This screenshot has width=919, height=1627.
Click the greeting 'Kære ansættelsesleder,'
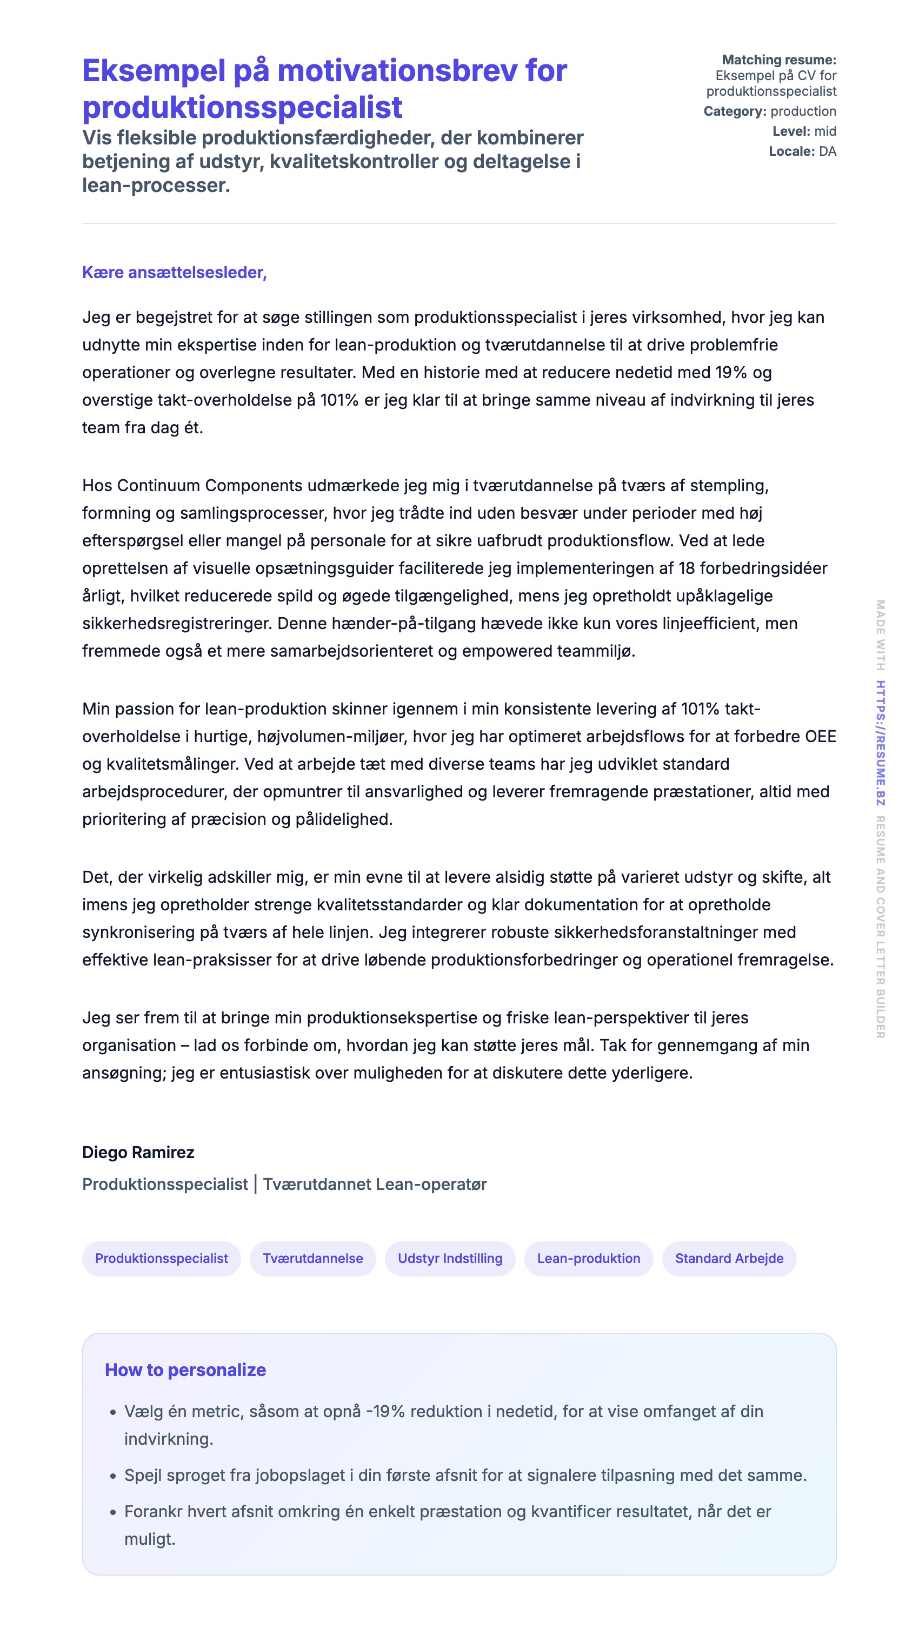coord(174,272)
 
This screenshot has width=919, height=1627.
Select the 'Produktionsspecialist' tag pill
coord(161,1258)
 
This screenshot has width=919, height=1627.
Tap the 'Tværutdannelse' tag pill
coord(312,1258)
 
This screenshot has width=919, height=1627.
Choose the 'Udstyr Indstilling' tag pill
coord(449,1258)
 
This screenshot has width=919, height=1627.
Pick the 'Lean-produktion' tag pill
coord(588,1258)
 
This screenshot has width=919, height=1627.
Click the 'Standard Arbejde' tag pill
coord(729,1258)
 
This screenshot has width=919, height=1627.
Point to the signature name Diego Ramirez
coord(138,1152)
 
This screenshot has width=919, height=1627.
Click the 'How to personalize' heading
coord(185,1370)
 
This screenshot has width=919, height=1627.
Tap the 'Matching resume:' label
coord(778,60)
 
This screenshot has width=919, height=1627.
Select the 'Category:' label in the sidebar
coord(735,111)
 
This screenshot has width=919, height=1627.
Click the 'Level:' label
coord(791,131)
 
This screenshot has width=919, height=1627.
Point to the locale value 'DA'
coord(828,151)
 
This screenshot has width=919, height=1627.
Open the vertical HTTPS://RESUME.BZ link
coord(881,743)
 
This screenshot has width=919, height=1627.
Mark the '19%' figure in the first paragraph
coord(731,373)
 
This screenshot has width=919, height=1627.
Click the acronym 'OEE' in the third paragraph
coord(820,737)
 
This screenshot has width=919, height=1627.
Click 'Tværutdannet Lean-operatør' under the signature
coord(375,1184)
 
